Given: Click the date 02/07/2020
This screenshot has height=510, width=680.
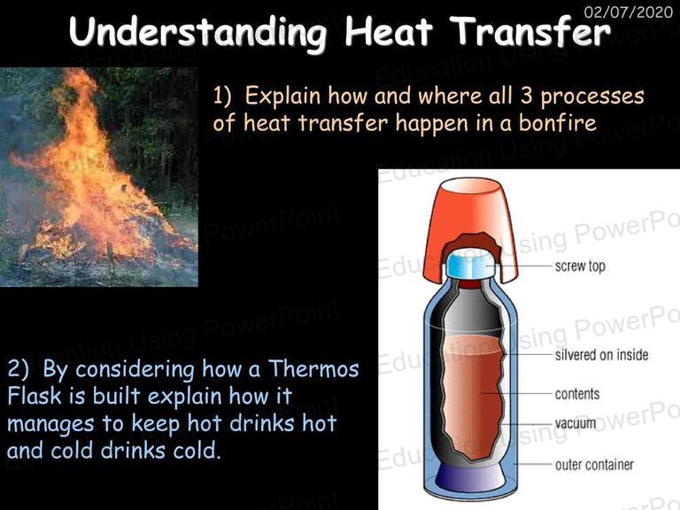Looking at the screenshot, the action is coord(628,12).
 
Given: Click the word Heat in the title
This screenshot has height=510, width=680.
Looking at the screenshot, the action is coord(389,31).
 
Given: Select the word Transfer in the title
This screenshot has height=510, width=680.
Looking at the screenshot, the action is coord(530,31).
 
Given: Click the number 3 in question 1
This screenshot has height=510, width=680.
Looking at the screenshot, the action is coord(527,96).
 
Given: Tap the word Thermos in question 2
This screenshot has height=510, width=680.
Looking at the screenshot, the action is coord(313,369).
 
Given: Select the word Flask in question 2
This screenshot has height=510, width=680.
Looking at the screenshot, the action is coord(35,396).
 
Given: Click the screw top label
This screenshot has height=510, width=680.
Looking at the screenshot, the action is coord(580,266).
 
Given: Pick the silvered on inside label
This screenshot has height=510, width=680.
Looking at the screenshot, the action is coord(601,355).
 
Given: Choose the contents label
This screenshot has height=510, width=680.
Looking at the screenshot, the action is coord(577,394).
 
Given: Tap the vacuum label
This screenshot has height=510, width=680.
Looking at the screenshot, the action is coord(576,423).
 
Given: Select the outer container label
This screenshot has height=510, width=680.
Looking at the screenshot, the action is coord(594,465).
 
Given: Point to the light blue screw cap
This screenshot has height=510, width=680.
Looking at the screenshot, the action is coord(469,264).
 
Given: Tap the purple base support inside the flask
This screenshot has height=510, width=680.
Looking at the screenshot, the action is coord(471,476).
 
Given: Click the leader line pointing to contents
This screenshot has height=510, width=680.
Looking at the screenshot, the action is coord(516,394).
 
